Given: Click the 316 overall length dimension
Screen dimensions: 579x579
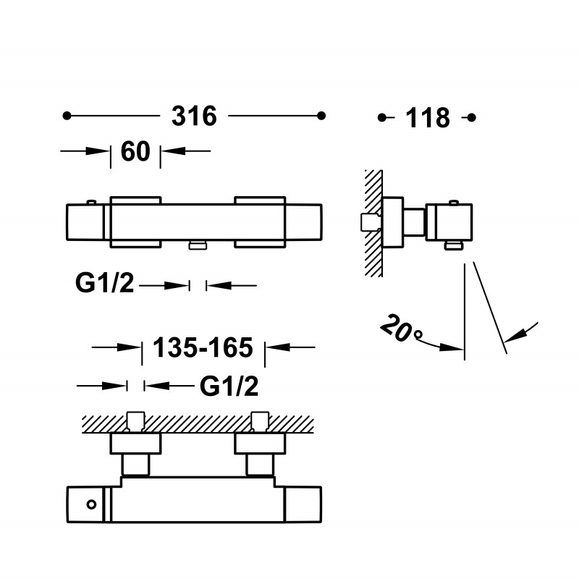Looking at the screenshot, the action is click(x=194, y=116).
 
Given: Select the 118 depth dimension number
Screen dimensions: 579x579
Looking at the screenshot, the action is click(x=428, y=118).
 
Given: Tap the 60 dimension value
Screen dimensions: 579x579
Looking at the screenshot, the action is click(x=135, y=151).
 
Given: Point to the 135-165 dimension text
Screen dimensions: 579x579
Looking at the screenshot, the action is click(x=203, y=347).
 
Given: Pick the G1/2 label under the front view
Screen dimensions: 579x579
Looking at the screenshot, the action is click(x=104, y=283).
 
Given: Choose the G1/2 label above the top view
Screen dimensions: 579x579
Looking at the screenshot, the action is click(x=229, y=386).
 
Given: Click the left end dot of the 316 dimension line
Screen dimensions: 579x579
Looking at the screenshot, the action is click(x=67, y=116).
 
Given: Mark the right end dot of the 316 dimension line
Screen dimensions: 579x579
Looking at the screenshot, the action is click(x=321, y=116).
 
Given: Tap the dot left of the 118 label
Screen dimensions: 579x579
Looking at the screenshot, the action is click(x=382, y=118).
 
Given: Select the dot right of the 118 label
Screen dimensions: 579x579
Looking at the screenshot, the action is click(x=472, y=118).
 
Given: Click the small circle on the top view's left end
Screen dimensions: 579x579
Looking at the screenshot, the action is click(x=91, y=504).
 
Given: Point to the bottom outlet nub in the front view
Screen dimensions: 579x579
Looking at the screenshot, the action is click(x=198, y=245).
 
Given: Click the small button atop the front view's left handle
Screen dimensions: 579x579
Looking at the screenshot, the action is click(x=91, y=202).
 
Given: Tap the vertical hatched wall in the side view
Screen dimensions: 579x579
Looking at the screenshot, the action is click(x=373, y=223).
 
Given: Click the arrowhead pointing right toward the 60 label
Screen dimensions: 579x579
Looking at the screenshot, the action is click(x=98, y=151).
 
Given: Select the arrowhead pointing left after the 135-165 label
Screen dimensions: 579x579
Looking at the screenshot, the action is click(x=278, y=347).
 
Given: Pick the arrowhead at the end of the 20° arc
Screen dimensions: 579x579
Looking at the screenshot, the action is click(x=452, y=347).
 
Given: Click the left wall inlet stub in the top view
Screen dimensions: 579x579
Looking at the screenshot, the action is click(x=135, y=422).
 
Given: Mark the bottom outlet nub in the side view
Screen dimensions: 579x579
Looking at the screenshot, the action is click(x=454, y=245).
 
